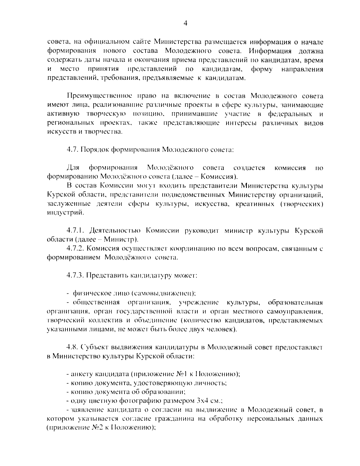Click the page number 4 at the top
185,23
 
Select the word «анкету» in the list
81,374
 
